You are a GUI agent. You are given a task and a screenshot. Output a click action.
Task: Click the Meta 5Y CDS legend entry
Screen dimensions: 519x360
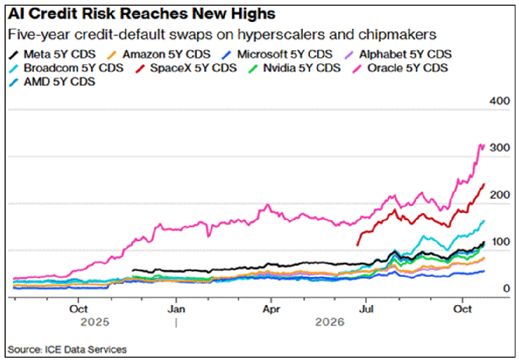[53, 54]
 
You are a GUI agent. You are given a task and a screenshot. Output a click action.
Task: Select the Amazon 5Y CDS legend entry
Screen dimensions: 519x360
[159, 54]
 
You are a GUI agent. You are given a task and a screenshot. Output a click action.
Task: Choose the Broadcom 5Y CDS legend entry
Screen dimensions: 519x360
[66, 68]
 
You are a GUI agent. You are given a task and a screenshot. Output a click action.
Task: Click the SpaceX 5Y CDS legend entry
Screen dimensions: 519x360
[186, 68]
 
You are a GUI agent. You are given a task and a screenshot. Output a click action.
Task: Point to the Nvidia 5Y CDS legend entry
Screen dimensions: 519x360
[295, 68]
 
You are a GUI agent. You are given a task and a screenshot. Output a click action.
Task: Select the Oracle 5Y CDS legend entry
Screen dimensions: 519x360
[401, 68]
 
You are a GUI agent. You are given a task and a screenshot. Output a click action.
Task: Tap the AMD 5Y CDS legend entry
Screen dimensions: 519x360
[52, 82]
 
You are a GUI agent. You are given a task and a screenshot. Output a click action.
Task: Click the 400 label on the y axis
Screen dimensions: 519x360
[500, 101]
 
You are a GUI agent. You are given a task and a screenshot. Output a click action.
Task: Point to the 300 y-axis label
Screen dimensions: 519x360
[500, 148]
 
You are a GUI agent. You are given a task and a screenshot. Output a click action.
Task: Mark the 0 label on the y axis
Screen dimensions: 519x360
[506, 288]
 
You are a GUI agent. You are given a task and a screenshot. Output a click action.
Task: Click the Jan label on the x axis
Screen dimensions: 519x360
[176, 310]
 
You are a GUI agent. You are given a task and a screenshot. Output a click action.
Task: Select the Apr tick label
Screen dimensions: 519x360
[271, 310]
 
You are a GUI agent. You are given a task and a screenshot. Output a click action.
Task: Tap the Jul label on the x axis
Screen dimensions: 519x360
[366, 310]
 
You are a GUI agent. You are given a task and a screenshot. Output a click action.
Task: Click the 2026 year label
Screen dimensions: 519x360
[330, 322]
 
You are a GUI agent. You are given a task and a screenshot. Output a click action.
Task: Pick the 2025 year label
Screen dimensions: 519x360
[95, 322]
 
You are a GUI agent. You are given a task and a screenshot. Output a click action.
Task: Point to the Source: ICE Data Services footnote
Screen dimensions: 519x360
[67, 350]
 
